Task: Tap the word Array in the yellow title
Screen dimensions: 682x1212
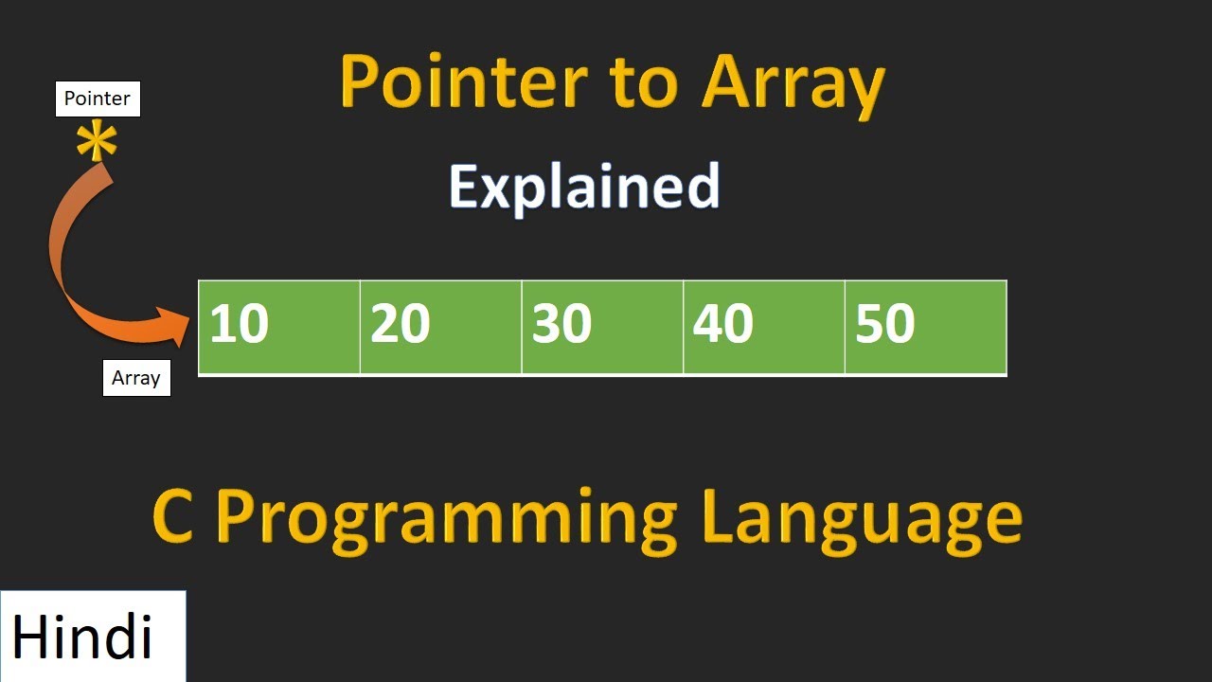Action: tap(793, 83)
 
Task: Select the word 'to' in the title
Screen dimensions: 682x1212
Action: tap(644, 83)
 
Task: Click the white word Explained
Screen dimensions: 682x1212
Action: tap(584, 188)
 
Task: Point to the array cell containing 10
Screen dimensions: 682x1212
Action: tap(279, 327)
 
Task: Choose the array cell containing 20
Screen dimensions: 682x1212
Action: tap(440, 327)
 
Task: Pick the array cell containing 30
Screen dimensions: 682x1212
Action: tap(602, 327)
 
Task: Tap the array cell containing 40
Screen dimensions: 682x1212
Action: tap(763, 327)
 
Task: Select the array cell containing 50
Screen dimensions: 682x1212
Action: tap(925, 327)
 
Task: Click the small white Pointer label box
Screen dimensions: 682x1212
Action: tap(98, 99)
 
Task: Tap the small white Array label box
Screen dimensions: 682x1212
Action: tap(136, 378)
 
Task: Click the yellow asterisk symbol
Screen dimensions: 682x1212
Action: tap(97, 143)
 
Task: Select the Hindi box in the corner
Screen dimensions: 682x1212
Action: tap(93, 636)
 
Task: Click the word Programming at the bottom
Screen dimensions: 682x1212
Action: tap(446, 519)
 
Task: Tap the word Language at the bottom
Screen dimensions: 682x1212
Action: tap(863, 519)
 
